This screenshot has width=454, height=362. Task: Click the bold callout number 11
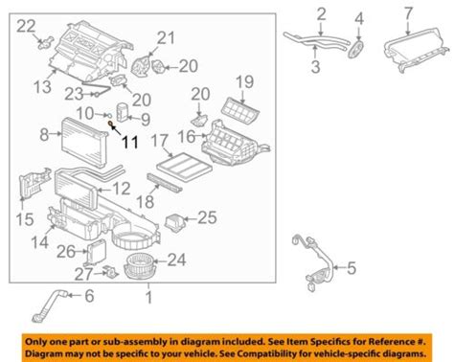[x=130, y=142]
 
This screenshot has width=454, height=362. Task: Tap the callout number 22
[x=26, y=26]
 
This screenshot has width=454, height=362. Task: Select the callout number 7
[x=408, y=13]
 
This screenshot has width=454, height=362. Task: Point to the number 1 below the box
[x=148, y=298]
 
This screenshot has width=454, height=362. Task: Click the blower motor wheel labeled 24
[x=138, y=265]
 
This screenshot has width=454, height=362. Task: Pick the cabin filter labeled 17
[x=185, y=167]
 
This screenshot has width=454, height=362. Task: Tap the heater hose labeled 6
[x=49, y=305]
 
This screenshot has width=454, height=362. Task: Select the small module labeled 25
[x=174, y=222]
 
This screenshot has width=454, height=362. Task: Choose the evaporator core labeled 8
[x=83, y=142]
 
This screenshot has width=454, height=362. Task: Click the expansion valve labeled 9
[x=123, y=112]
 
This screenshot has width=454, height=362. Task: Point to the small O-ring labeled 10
[x=108, y=115]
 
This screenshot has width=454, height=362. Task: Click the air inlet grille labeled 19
[x=240, y=111]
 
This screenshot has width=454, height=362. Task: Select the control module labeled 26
[x=96, y=252]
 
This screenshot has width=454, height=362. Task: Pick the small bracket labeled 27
[x=110, y=272]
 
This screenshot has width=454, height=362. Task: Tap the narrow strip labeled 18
[x=165, y=183]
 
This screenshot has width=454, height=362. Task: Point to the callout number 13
[x=42, y=86]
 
